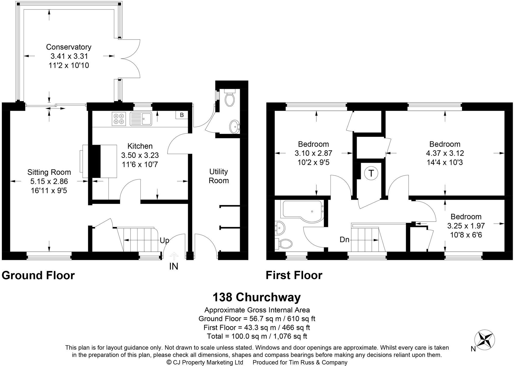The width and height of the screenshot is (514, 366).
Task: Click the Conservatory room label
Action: tap(69, 47)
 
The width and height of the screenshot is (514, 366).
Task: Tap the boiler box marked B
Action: tap(182, 115)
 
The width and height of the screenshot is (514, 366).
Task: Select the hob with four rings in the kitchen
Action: tap(119, 119)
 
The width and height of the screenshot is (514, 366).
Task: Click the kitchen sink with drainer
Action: tap(141, 119)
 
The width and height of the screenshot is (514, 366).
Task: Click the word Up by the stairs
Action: tap(164, 240)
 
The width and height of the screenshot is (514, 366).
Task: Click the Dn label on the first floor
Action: tap(344, 240)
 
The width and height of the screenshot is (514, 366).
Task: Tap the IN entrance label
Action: tap(174, 266)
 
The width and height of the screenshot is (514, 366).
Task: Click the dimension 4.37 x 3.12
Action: tap(445, 153)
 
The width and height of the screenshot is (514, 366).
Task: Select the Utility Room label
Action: tap(219, 176)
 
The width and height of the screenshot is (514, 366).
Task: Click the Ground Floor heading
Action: tap(38, 275)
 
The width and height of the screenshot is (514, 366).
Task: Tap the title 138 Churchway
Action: tap(256, 297)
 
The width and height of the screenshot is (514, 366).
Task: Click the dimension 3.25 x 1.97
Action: tap(466, 226)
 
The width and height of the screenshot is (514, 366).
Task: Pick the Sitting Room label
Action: tap(49, 172)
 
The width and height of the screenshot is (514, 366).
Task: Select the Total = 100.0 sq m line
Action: tap(257, 336)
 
